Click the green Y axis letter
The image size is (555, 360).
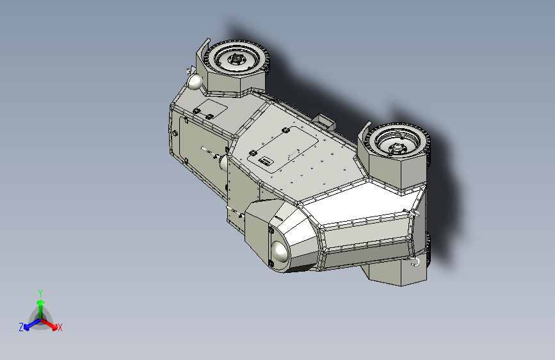pyautogui.click(x=40, y=291)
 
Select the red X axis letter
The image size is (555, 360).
pyautogui.click(x=60, y=327)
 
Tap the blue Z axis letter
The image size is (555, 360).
pyautogui.click(x=21, y=327)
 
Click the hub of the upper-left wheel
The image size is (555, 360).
pyautogui.click(x=236, y=60)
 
